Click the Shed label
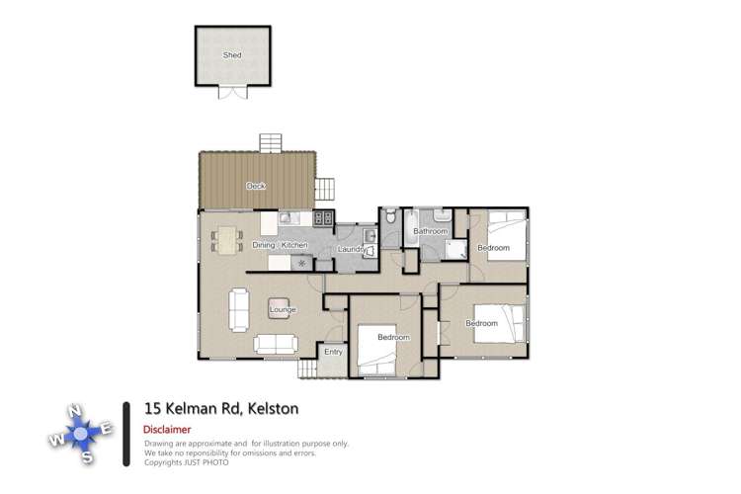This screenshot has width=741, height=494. coord(232,55)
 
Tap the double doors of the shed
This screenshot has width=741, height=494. coord(232,93)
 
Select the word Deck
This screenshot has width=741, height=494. coord(256,185)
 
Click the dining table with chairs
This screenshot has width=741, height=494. coord(227,240)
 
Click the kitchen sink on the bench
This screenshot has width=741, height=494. coord(288,218)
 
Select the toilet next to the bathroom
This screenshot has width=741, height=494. coord(391,216)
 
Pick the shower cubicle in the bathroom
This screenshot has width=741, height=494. coord(454,250)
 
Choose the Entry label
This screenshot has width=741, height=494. coord(333,350)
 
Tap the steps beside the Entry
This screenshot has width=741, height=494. coord(308,369)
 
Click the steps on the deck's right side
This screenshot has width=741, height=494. coord(326,189)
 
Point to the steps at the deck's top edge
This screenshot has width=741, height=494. coord(272,143)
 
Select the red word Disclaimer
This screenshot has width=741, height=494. coord(167,430)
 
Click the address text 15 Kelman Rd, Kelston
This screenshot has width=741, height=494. coord(221,407)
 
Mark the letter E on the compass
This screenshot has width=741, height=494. coord(107,428)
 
